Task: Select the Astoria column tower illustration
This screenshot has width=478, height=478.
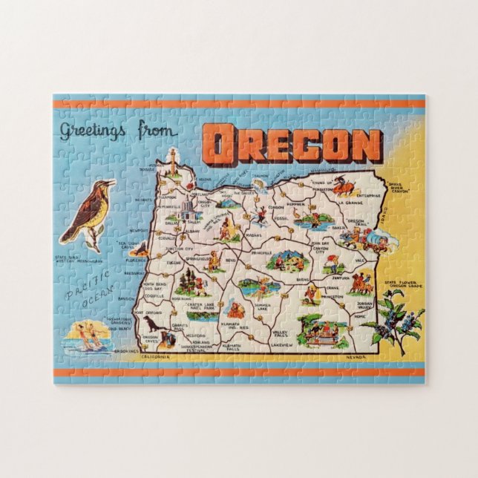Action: [172, 160]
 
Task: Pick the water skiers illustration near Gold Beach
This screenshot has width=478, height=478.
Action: [88, 337]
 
